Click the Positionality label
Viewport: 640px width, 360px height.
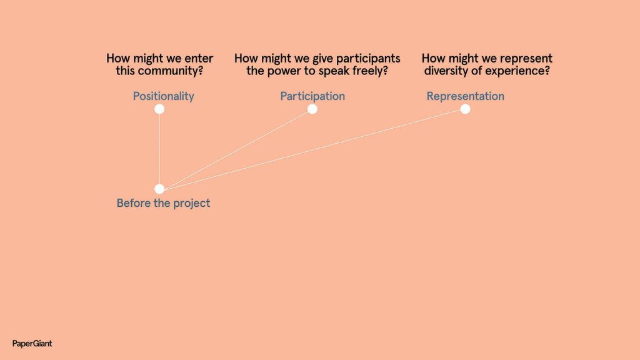click(163, 96)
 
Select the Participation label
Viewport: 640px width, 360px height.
click(312, 96)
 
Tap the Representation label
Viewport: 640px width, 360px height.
click(465, 96)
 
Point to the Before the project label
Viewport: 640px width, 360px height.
click(163, 203)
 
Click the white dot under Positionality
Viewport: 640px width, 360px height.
click(159, 109)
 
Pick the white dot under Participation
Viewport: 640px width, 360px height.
click(312, 109)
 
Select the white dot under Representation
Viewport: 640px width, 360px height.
click(465, 109)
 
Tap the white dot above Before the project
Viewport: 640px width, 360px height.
click(159, 189)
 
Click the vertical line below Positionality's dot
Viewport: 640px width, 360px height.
click(159, 149)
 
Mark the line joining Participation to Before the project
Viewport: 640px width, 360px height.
click(236, 149)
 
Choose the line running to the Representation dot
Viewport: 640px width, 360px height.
click(312, 149)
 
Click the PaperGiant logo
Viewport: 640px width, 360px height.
click(32, 344)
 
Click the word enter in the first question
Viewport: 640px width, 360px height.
click(199, 59)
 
